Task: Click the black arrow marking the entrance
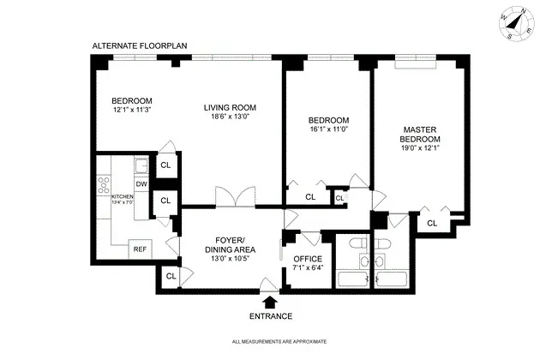271,301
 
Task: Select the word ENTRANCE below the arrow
271,316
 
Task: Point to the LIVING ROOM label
231,107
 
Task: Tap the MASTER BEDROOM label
420,135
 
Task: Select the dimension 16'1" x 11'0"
329,129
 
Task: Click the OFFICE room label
308,258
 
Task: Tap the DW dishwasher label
141,184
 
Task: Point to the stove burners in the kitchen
105,183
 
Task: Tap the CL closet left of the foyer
171,276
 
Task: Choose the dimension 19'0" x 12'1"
420,147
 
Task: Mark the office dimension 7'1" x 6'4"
308,268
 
